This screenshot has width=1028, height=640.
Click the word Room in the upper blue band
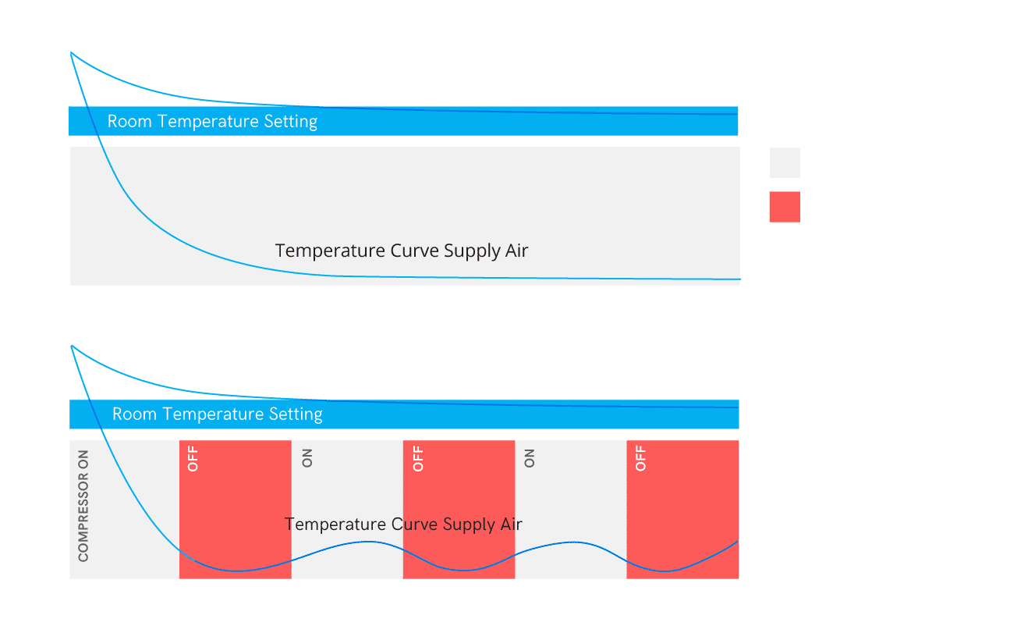pyautogui.click(x=129, y=122)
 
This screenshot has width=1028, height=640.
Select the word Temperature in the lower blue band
pyautogui.click(x=214, y=414)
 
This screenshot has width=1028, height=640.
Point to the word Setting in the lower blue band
pyautogui.click(x=296, y=415)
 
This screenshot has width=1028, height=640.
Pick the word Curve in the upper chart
pyautogui.click(x=414, y=251)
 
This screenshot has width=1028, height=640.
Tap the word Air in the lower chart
pyautogui.click(x=511, y=524)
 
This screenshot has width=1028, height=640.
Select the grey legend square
pyautogui.click(x=785, y=162)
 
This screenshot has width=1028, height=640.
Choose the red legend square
pyautogui.click(x=785, y=207)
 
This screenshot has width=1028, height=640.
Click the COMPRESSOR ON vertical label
pyautogui.click(x=83, y=506)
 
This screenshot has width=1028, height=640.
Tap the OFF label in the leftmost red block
pyautogui.click(x=193, y=459)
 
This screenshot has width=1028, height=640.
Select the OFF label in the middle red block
pyautogui.click(x=417, y=459)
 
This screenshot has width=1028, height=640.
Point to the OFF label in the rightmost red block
pyautogui.click(x=640, y=459)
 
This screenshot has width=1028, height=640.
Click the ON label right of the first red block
pyautogui.click(x=307, y=458)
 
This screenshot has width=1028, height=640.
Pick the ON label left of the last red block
pyautogui.click(x=529, y=458)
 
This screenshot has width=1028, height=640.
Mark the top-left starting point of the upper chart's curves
pyautogui.click(x=71, y=53)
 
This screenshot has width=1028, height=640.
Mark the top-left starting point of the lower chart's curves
pyautogui.click(x=72, y=346)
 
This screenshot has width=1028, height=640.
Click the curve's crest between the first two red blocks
pyautogui.click(x=367, y=542)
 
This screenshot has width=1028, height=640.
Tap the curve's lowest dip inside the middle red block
pyautogui.click(x=463, y=571)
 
